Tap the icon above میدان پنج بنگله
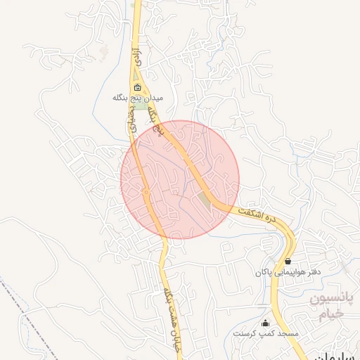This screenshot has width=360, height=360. pos(136,89)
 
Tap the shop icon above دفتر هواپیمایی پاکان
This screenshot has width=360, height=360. pos(288,261)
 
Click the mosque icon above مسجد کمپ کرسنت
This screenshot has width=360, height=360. pos(265,323)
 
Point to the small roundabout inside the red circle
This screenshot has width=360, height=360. pos(146,191)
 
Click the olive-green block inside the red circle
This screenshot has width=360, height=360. pos(204,200)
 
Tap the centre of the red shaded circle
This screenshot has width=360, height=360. pos(180,180)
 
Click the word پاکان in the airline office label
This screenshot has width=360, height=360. pos(262,271)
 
